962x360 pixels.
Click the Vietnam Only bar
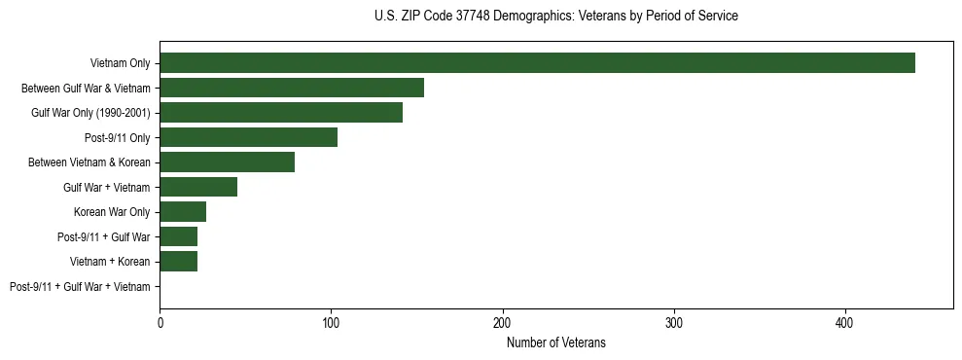click(x=537, y=63)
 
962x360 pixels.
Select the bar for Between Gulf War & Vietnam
click(x=292, y=88)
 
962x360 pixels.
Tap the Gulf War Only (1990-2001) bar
click(x=281, y=113)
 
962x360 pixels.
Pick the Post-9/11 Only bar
click(x=248, y=137)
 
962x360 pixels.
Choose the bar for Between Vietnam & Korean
click(x=227, y=162)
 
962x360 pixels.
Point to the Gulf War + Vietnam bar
click(x=198, y=187)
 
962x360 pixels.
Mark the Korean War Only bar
click(x=183, y=212)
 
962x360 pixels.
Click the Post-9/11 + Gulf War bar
click(x=178, y=236)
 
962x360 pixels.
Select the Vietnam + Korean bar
click(x=178, y=262)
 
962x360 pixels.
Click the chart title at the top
click(x=555, y=17)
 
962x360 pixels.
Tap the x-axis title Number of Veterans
click(x=555, y=342)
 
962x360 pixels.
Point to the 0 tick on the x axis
click(x=160, y=321)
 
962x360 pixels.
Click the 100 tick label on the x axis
click(x=331, y=321)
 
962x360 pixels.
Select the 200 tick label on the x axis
click(x=503, y=321)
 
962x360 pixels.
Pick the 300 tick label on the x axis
click(x=674, y=321)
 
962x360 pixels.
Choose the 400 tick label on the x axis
click(x=845, y=321)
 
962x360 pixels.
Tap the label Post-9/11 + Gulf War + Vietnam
click(x=80, y=287)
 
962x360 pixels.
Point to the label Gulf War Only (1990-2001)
click(x=90, y=113)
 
